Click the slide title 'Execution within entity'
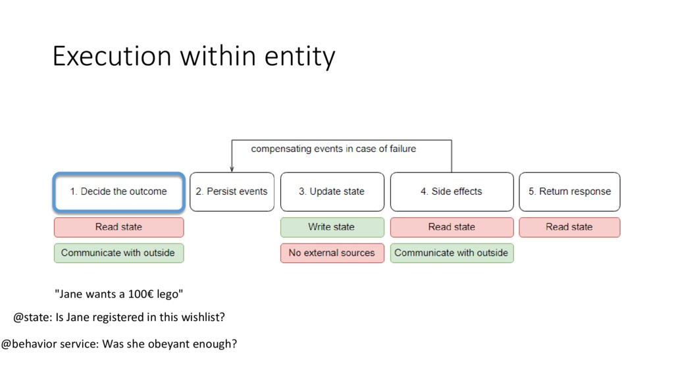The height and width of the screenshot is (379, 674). (x=194, y=57)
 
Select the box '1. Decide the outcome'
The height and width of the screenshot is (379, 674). (x=118, y=191)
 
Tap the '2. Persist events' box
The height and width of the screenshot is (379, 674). (x=232, y=191)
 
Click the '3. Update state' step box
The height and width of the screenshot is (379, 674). (x=332, y=191)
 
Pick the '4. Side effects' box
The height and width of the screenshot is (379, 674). (x=452, y=191)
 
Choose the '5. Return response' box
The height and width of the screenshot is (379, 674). (x=569, y=191)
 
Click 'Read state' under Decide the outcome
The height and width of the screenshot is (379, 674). (x=118, y=227)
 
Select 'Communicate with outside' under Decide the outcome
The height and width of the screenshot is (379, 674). (x=118, y=253)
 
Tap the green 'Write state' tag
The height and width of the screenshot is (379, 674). (x=332, y=227)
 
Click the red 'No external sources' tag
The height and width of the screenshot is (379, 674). (x=332, y=253)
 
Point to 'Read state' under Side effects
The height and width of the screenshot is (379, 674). (x=452, y=227)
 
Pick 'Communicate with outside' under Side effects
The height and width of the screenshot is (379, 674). (x=452, y=253)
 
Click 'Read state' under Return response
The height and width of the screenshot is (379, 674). (x=569, y=227)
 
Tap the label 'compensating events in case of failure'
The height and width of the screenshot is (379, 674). (x=334, y=149)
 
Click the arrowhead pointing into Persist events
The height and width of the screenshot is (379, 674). (x=232, y=168)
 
